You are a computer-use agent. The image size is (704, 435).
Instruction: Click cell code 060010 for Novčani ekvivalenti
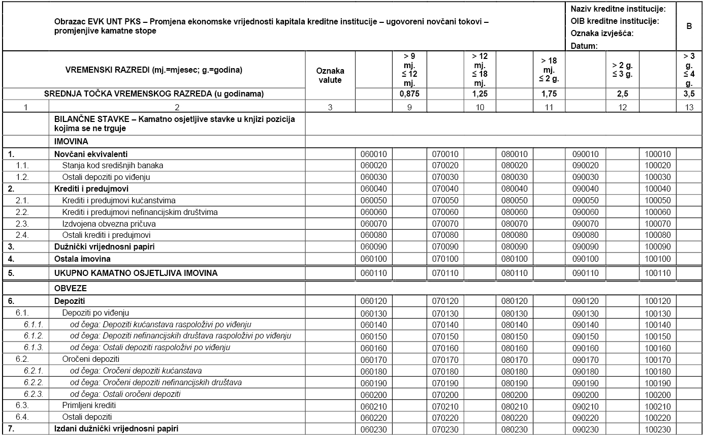[x=373, y=154]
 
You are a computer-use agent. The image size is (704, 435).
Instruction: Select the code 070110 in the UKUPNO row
[x=445, y=273]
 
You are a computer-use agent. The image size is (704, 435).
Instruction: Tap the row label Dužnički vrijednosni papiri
[x=105, y=247]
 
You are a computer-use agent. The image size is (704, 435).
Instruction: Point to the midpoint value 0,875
[x=409, y=94]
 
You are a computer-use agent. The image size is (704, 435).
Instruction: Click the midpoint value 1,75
[x=549, y=94]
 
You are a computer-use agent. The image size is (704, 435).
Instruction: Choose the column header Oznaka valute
[x=330, y=75]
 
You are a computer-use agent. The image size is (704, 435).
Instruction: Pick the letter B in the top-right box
[x=689, y=26]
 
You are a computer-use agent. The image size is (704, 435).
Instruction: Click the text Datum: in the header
[x=584, y=46]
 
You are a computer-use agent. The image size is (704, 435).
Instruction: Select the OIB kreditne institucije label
[x=615, y=21]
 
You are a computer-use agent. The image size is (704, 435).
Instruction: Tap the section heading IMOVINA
[x=71, y=142]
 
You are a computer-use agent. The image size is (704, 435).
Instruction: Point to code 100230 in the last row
[x=658, y=429]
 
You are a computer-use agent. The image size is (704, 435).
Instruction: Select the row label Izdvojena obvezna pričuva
[x=109, y=224]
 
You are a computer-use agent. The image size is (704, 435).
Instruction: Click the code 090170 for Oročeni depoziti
[x=585, y=360]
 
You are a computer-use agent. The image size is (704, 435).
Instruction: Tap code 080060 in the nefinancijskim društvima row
[x=515, y=212]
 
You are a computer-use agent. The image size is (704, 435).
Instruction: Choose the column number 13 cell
[x=689, y=107]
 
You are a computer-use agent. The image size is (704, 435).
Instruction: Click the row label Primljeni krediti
[x=89, y=406]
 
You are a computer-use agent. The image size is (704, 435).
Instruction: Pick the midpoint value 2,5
[x=622, y=94]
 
